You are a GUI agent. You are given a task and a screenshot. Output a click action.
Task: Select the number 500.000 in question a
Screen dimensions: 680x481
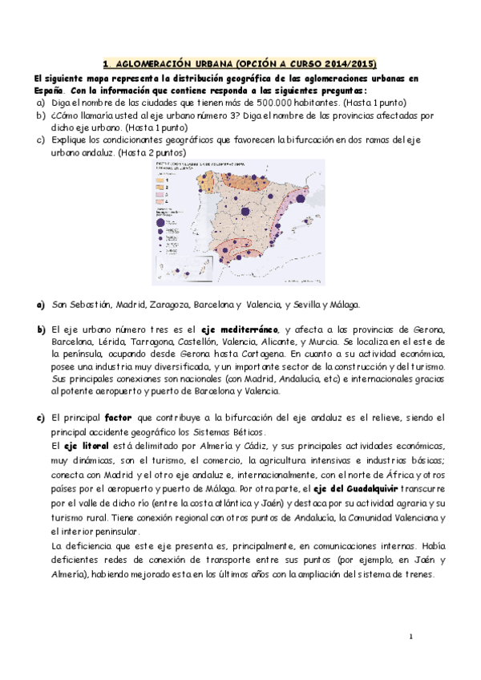click(x=278, y=103)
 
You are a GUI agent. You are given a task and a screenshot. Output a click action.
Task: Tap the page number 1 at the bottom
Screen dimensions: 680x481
click(x=410, y=637)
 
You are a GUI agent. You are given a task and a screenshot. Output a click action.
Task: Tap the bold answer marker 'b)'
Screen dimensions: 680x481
click(x=41, y=330)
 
